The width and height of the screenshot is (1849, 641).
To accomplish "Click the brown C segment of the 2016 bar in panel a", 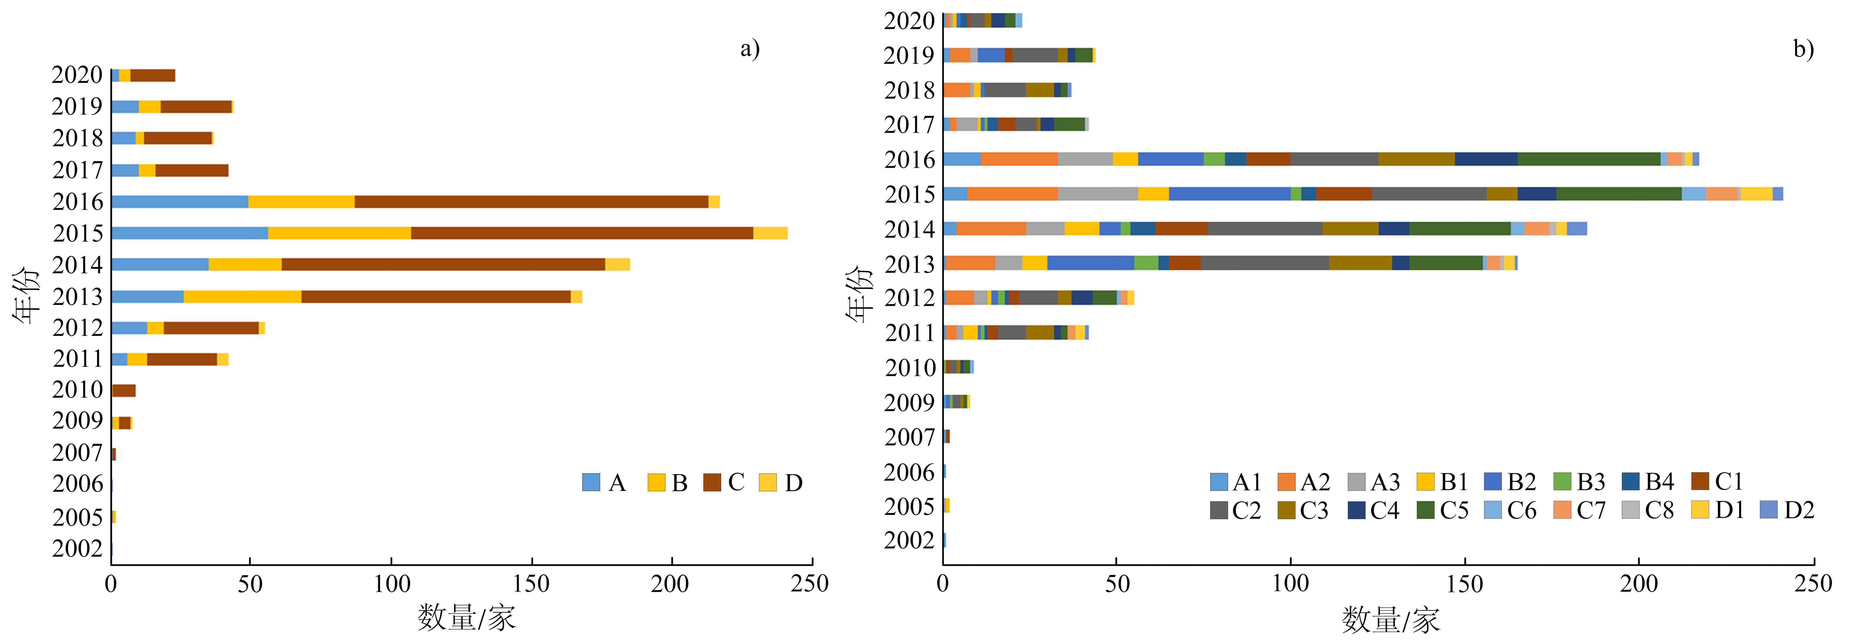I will point(531,202).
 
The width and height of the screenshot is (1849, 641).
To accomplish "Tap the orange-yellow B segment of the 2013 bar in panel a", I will point(243,297).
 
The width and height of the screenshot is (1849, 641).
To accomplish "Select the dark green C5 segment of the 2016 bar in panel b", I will point(1588,159).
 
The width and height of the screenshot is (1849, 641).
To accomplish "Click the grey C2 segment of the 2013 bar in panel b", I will point(1265,263).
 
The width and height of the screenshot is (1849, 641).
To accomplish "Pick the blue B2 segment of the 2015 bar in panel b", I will point(1230,194).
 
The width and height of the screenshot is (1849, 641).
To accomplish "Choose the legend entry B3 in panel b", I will point(1579,482).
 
